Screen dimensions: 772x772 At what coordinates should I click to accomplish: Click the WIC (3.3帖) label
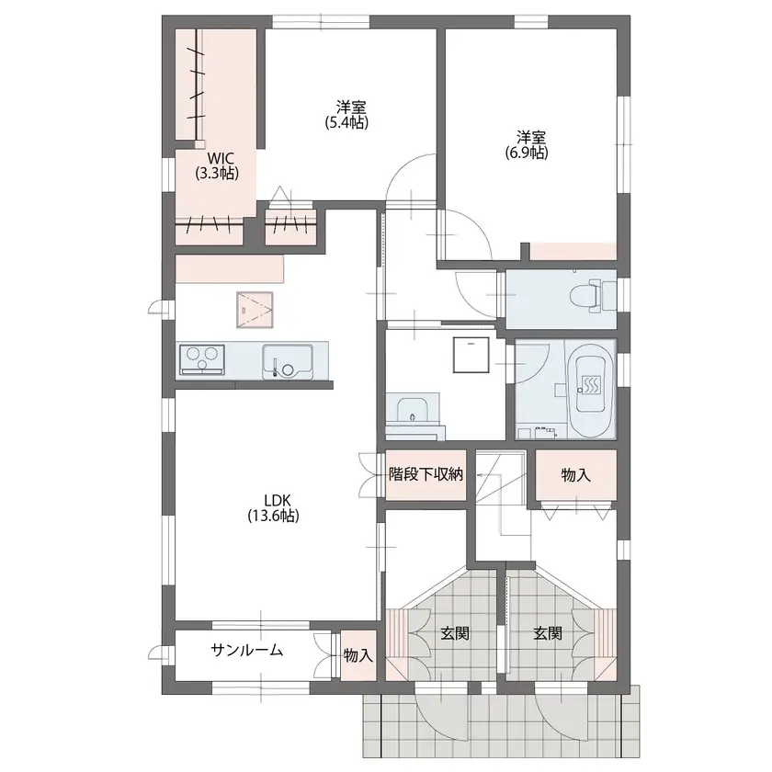point(217,166)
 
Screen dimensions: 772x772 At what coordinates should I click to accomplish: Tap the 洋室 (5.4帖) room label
point(346,115)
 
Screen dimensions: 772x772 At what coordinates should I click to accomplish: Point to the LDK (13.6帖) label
point(273,507)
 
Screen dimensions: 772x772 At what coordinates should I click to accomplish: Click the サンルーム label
point(247,651)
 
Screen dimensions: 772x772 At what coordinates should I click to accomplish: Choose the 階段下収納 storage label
point(426,474)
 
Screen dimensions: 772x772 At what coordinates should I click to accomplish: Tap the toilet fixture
point(593,298)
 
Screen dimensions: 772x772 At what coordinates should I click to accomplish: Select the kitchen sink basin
point(288,361)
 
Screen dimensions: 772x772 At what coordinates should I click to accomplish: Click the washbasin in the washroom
point(413,410)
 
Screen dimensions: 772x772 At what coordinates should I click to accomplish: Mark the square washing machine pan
point(471,356)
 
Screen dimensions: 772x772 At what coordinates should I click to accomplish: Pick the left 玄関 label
point(454,633)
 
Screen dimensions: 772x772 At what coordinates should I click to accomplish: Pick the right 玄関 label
point(548,633)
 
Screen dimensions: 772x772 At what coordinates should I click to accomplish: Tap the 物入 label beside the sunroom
point(358,655)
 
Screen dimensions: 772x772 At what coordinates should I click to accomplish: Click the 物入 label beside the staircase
point(575,475)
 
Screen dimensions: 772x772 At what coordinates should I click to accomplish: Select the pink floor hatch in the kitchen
point(255,310)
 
